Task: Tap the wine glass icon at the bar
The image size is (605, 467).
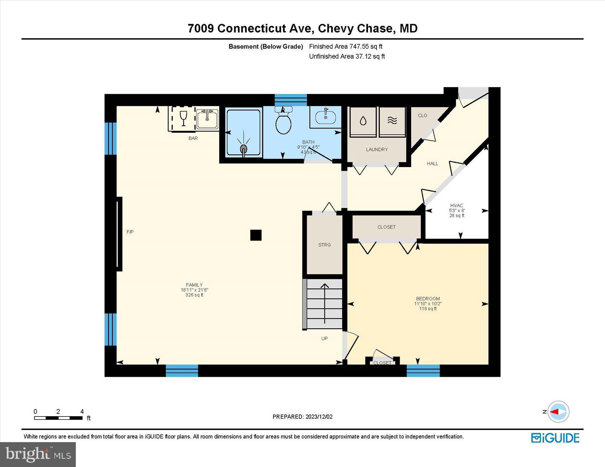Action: coord(183,118)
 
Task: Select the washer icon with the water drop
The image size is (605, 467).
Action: coord(363,121)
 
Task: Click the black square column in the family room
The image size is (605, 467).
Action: coord(256,235)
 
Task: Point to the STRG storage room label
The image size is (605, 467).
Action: coord(324,245)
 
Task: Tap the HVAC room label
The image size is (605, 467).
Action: coord(457,205)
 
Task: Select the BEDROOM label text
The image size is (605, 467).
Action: coord(428,299)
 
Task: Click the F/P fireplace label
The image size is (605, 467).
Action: coord(130,232)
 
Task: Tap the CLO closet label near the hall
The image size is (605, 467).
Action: coord(422,116)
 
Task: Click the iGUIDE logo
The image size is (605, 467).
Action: coord(555,438)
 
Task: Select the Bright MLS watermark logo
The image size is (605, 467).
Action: coord(38,454)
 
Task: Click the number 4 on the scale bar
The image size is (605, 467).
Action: coord(82,412)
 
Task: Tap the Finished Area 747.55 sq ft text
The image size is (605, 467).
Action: coord(346,46)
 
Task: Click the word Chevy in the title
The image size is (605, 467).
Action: coord(335,28)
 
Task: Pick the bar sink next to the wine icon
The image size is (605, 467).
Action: coord(207,119)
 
